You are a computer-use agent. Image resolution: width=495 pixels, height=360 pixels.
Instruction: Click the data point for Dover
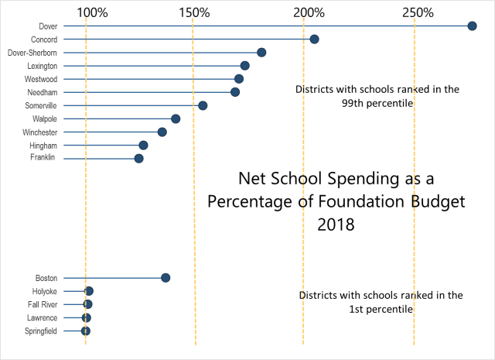click(x=472, y=26)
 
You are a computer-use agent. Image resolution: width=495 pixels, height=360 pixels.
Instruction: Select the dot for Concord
click(x=314, y=39)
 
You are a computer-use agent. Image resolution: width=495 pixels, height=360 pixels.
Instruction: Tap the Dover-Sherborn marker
click(x=261, y=53)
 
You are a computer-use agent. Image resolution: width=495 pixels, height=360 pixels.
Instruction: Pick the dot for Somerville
click(x=203, y=105)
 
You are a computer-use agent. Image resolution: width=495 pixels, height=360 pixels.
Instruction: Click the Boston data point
click(x=166, y=278)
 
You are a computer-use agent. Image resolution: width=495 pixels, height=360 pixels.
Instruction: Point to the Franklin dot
click(x=138, y=159)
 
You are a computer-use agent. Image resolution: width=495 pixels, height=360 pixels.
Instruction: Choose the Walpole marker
click(x=176, y=118)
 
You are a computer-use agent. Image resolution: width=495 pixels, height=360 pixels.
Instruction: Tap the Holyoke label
click(x=43, y=291)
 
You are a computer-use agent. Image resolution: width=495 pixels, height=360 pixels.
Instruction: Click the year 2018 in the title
click(x=336, y=226)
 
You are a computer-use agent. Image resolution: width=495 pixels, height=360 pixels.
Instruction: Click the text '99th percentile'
click(x=377, y=103)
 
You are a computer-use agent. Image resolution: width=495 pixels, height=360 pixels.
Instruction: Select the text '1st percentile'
click(x=380, y=309)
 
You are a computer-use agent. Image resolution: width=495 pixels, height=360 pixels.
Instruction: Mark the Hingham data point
click(x=143, y=146)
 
